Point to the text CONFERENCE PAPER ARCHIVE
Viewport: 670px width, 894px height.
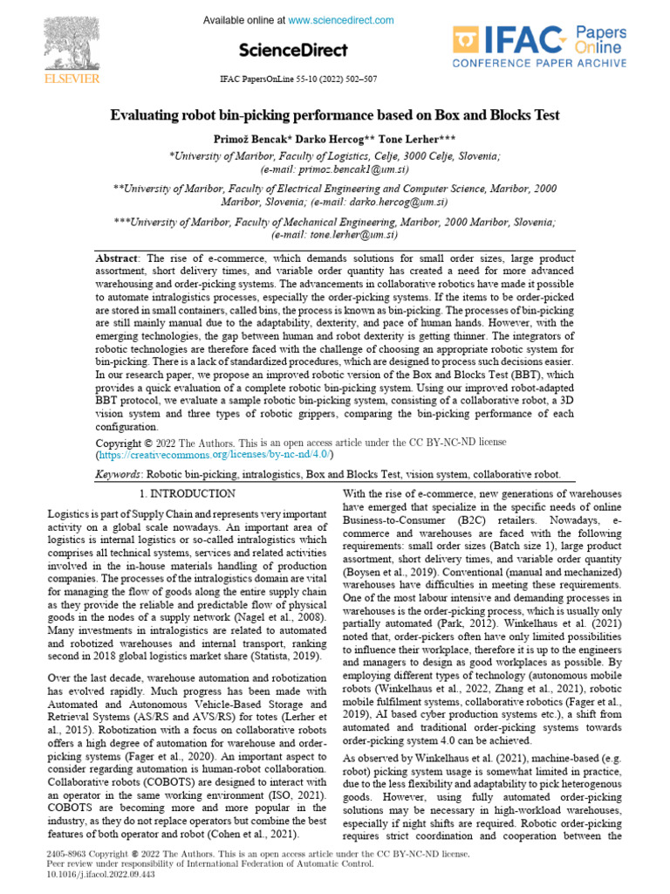tap(538, 64)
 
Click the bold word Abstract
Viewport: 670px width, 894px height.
tap(117, 259)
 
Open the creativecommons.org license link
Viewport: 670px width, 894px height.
tap(214, 455)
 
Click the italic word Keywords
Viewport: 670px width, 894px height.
tap(119, 474)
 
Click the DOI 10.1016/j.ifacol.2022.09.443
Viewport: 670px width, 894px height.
tap(88, 872)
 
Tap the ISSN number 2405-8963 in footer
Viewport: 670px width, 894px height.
tap(66, 851)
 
